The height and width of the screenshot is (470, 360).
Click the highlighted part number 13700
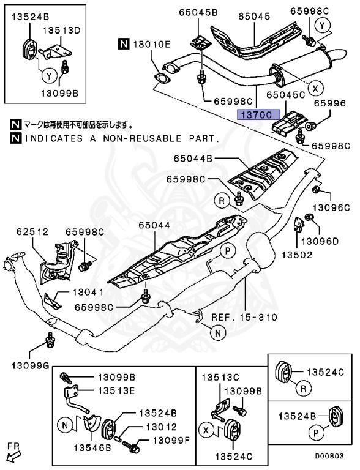pyautogui.click(x=258, y=114)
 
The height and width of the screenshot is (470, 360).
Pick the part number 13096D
pyautogui.click(x=320, y=241)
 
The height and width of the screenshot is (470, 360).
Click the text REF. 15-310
pyautogui.click(x=244, y=317)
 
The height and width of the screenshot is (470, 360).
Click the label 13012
pyautogui.click(x=160, y=427)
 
